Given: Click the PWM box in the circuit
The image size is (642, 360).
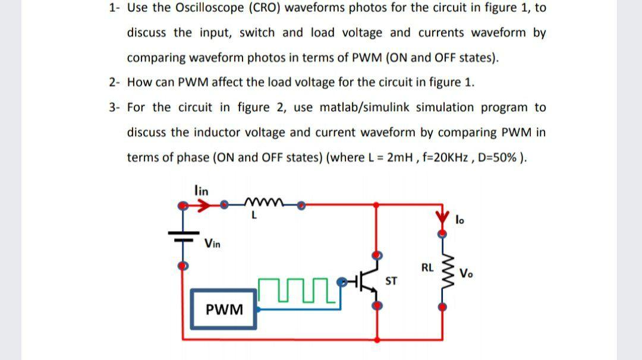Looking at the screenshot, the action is [224, 310].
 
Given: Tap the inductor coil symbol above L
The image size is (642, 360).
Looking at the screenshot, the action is [264, 201].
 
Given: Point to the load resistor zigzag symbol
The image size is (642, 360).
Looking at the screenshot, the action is [448, 271].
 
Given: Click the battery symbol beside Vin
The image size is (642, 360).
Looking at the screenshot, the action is [183, 236].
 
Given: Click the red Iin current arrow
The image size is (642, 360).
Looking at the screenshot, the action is [200, 206].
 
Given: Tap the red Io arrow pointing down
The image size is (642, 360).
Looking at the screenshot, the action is [442, 217].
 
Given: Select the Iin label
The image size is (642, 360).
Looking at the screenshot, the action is [201, 191].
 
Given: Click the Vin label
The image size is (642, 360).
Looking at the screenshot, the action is [212, 244].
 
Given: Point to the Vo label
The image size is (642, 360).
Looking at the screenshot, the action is [466, 273].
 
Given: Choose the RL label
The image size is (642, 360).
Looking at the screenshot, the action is [427, 267].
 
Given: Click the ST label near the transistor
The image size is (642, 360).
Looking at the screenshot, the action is [391, 281].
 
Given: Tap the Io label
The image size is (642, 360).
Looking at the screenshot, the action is [460, 220].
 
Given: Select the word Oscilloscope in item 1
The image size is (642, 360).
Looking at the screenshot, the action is [209, 8].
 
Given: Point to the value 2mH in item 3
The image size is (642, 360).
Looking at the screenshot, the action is [399, 157].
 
